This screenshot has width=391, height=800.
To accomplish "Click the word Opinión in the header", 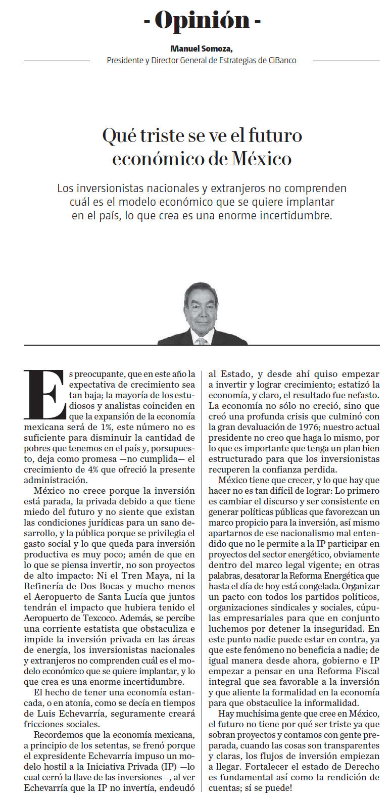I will click(202, 20).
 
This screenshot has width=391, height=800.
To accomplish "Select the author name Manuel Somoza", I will click(201, 49).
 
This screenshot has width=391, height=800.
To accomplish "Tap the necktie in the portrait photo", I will click(202, 339).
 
